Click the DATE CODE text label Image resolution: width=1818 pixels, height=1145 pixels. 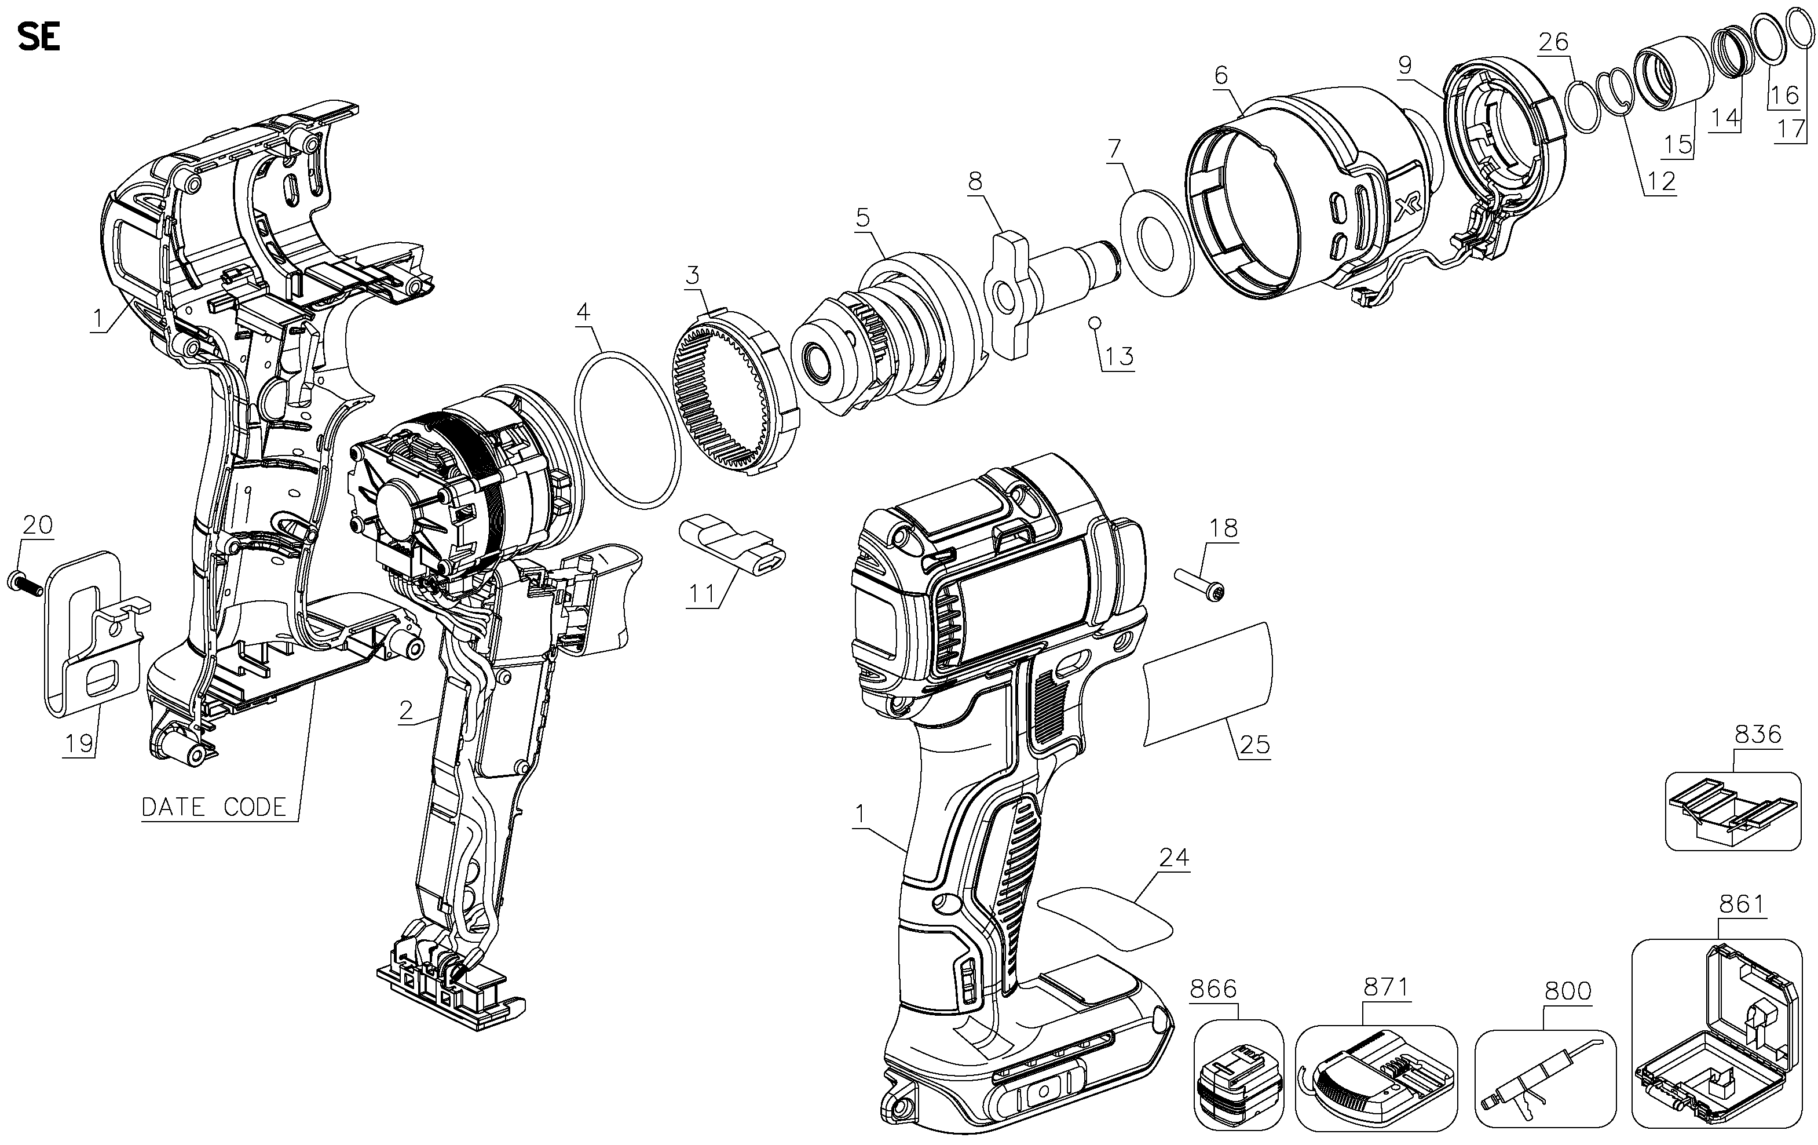click(x=214, y=807)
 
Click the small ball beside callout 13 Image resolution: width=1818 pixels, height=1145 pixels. click(x=1094, y=323)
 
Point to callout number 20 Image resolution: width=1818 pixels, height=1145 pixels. click(x=38, y=524)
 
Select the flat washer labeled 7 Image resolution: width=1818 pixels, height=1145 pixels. click(x=1157, y=243)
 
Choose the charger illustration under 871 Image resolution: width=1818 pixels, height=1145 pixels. click(x=1376, y=1078)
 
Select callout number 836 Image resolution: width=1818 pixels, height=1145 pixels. click(x=1758, y=734)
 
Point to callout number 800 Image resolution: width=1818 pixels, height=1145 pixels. click(x=1568, y=991)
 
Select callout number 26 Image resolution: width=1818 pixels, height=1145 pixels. click(x=1554, y=42)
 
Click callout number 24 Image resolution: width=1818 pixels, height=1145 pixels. click(x=1174, y=857)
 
